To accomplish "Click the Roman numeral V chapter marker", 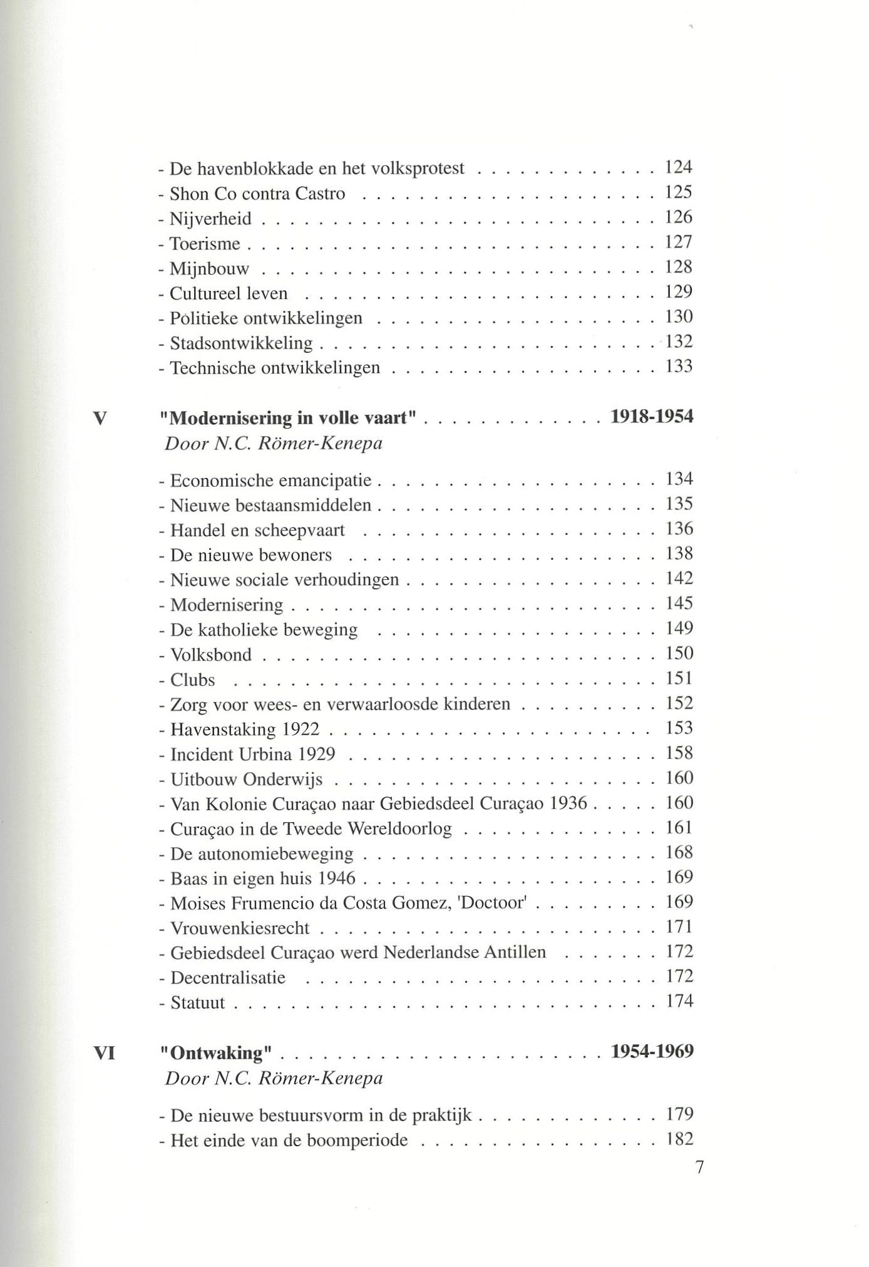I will pyautogui.click(x=100, y=418).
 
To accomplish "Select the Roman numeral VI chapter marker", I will pyautogui.click(x=104, y=1053).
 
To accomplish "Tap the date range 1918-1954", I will pyautogui.click(x=652, y=417).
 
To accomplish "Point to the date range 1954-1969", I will pyautogui.click(x=652, y=1051).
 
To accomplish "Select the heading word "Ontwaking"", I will pyautogui.click(x=216, y=1053).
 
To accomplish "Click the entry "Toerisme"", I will pyautogui.click(x=205, y=243).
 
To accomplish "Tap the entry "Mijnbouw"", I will pyautogui.click(x=210, y=269).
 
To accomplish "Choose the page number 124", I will pyautogui.click(x=679, y=167).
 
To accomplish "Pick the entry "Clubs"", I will pyautogui.click(x=193, y=680).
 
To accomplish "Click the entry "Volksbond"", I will pyautogui.click(x=211, y=655).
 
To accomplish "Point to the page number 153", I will pyautogui.click(x=679, y=728).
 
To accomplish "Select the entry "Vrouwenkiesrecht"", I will pyautogui.click(x=240, y=929).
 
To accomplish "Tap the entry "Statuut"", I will pyautogui.click(x=198, y=1003).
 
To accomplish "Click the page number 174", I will pyautogui.click(x=679, y=1001).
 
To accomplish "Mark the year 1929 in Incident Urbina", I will pyautogui.click(x=316, y=754).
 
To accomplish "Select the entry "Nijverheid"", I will pyautogui.click(x=211, y=218).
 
